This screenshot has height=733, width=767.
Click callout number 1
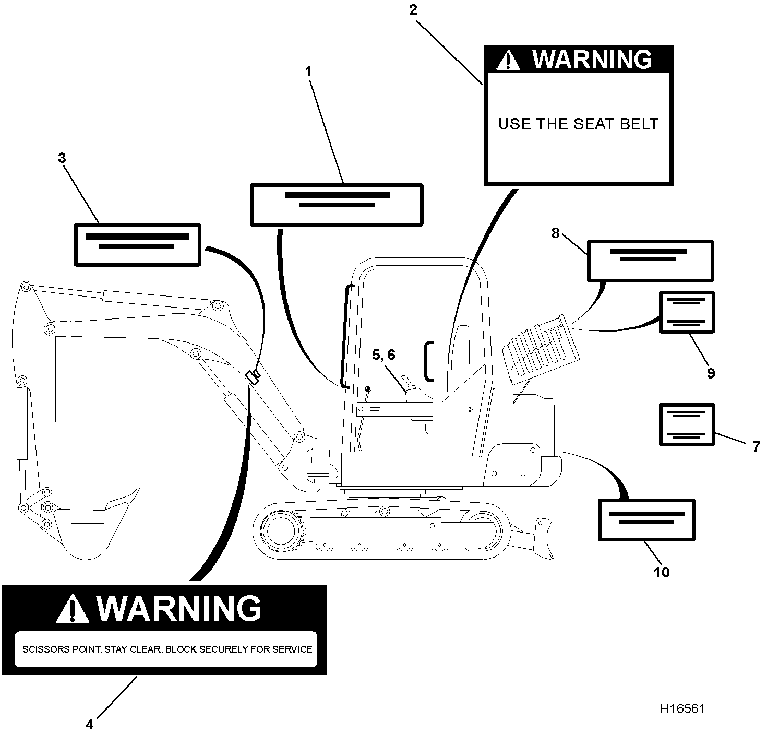[x=308, y=72]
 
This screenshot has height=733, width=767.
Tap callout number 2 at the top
[x=413, y=10]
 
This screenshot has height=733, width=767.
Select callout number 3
[x=62, y=158]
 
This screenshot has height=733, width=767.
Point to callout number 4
[x=90, y=724]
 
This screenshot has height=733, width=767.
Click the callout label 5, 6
[x=383, y=355]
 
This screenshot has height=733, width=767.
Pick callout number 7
[x=756, y=447]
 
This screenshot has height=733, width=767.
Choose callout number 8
[x=555, y=233]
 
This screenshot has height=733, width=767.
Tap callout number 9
[x=711, y=373]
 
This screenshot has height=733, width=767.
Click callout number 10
[x=662, y=572]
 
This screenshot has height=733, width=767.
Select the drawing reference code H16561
[x=682, y=709]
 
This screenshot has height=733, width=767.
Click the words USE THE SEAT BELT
[x=578, y=124]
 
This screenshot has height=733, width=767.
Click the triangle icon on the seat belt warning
[x=508, y=60]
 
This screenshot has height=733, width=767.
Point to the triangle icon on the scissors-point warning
[x=72, y=609]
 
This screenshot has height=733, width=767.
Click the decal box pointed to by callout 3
[x=138, y=245]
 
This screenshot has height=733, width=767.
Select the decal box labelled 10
[x=647, y=519]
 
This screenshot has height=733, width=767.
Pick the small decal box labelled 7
[x=687, y=424]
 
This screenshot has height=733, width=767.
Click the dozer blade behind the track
[x=543, y=538]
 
